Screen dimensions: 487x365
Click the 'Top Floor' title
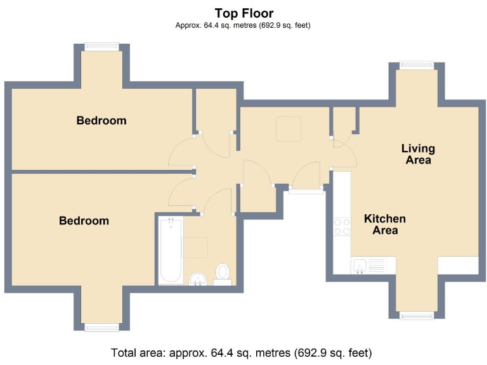pyautogui.click(x=244, y=13)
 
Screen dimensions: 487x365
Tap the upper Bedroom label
pyautogui.click(x=101, y=120)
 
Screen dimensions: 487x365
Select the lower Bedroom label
pyautogui.click(x=84, y=221)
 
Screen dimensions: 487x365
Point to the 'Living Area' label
pyautogui.click(x=418, y=154)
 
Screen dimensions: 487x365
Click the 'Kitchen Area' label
pyautogui.click(x=385, y=224)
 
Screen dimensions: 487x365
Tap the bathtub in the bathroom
pyautogui.click(x=171, y=250)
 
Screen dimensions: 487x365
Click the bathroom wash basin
pyautogui.click(x=198, y=279)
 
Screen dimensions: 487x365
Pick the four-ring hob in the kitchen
pyautogui.click(x=342, y=227)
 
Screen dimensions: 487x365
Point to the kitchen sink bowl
pyautogui.click(x=360, y=266)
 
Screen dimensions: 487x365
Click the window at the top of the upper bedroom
pyautogui.click(x=101, y=47)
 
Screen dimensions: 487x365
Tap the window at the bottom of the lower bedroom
pyautogui.click(x=101, y=327)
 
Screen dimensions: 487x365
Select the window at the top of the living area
pyautogui.click(x=417, y=65)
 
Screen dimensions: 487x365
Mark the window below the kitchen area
pyautogui.click(x=417, y=315)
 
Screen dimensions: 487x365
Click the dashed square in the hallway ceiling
pyautogui.click(x=289, y=129)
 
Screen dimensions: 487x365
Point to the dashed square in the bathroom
pyautogui.click(x=195, y=247)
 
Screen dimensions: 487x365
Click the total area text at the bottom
pyautogui.click(x=242, y=353)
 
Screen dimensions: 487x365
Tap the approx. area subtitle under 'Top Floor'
pyautogui.click(x=243, y=25)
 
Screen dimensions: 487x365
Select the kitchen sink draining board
pyautogui.click(x=377, y=266)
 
